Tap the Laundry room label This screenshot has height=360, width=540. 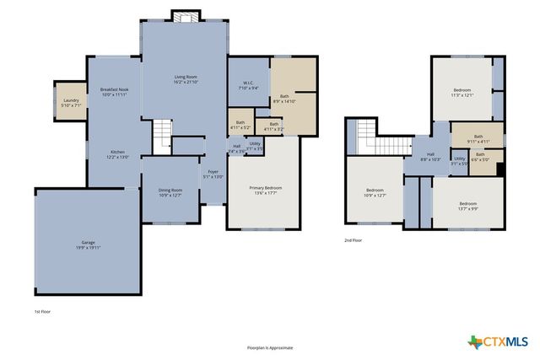71,103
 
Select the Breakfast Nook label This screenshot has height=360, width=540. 114,92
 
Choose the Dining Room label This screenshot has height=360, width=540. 170,193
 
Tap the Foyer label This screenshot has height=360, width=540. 213,175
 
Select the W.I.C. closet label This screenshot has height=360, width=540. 248,84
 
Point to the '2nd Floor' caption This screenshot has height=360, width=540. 354,240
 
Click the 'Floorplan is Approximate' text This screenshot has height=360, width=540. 269,347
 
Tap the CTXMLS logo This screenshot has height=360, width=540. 498,341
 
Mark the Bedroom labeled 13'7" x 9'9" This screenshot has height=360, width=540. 467,206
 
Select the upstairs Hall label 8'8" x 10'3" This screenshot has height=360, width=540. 430,157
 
